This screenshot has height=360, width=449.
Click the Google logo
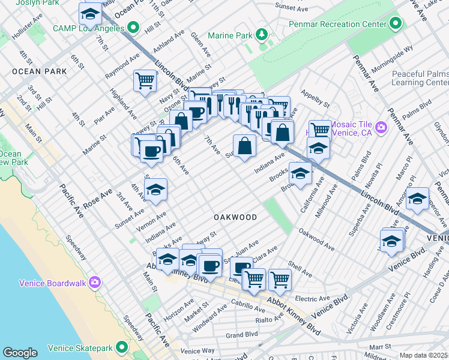[20, 353]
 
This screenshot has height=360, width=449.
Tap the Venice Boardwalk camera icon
[95, 283]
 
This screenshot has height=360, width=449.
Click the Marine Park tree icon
[262, 35]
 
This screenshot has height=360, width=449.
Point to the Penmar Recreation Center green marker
[395, 24]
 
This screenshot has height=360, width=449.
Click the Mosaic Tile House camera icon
[380, 127]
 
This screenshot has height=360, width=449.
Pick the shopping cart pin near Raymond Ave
[145, 80]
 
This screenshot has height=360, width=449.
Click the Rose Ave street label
[98, 197]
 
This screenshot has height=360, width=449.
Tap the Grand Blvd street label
[242, 334]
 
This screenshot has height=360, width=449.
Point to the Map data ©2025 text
[424, 355]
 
